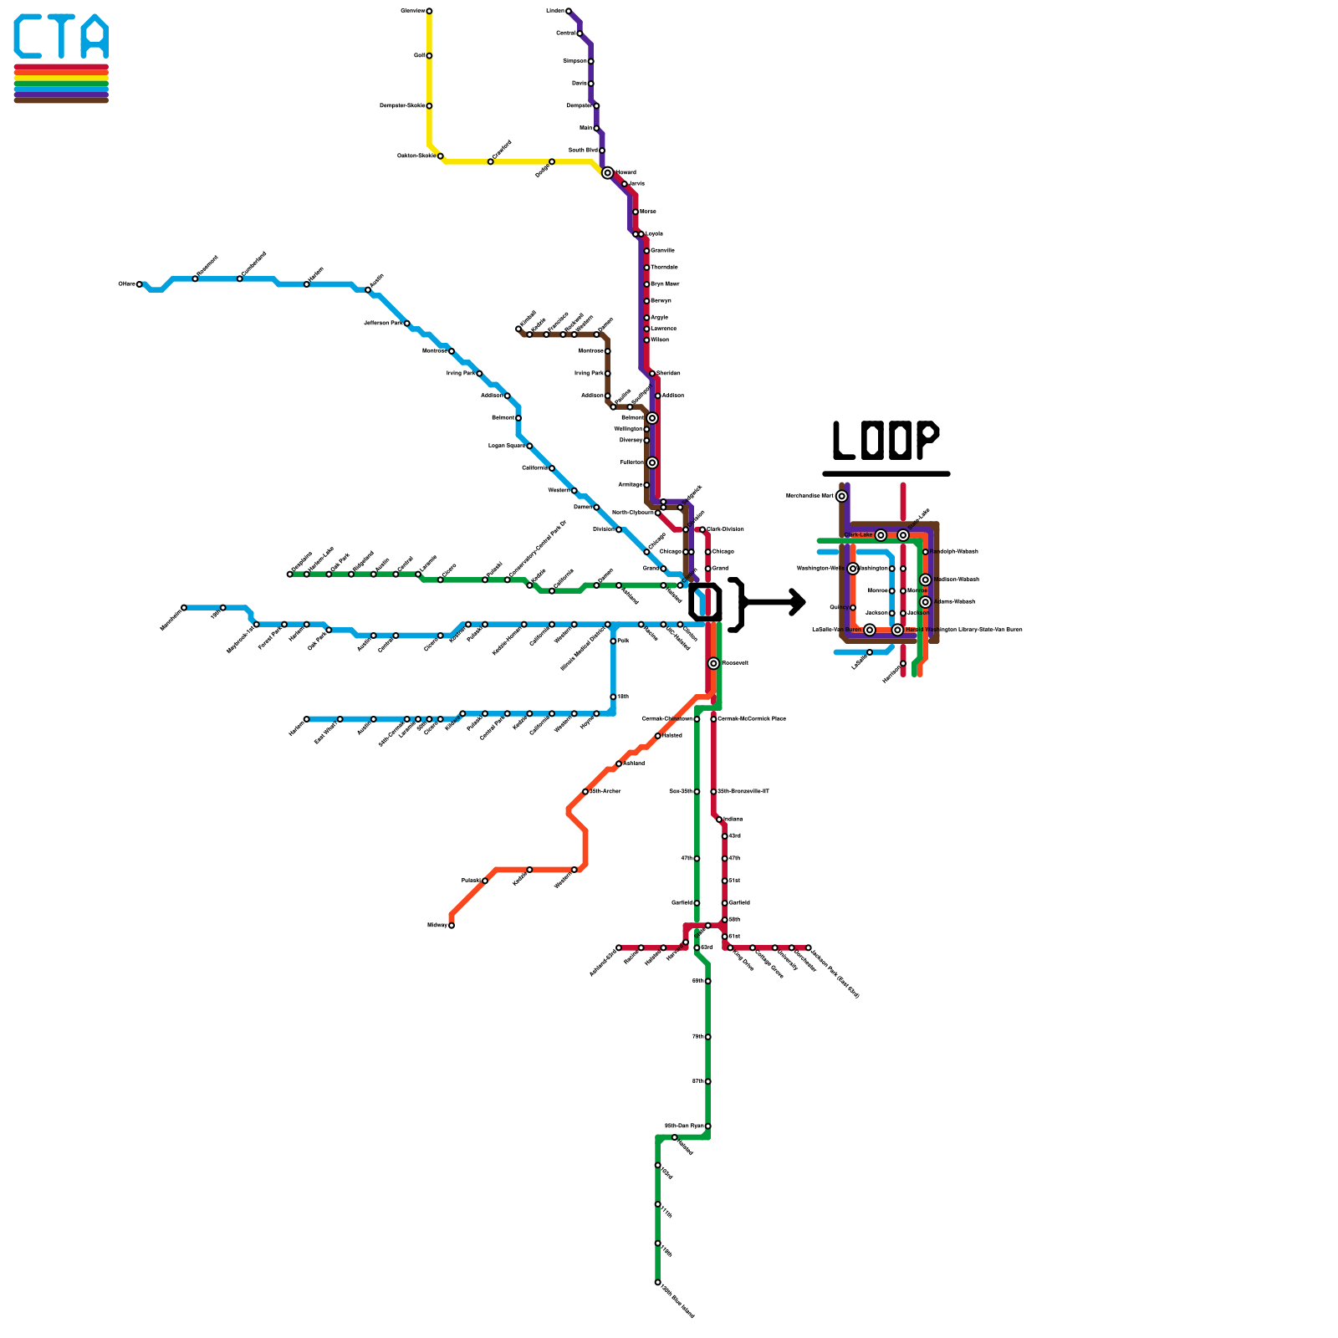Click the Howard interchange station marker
(607, 173)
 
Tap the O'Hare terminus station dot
(140, 284)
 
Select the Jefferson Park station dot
(406, 323)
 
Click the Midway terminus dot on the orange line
(452, 925)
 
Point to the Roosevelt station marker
(713, 663)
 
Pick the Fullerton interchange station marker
(652, 462)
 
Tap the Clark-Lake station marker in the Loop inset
(881, 535)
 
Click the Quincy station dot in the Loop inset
(853, 607)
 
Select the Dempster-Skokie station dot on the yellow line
(429, 106)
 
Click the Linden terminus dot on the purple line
(569, 11)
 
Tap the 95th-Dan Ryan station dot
(707, 1126)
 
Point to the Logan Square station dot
(529, 446)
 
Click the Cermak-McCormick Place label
(753, 719)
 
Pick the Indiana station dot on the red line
(719, 820)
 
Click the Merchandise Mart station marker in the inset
(842, 496)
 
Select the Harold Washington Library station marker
(897, 630)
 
